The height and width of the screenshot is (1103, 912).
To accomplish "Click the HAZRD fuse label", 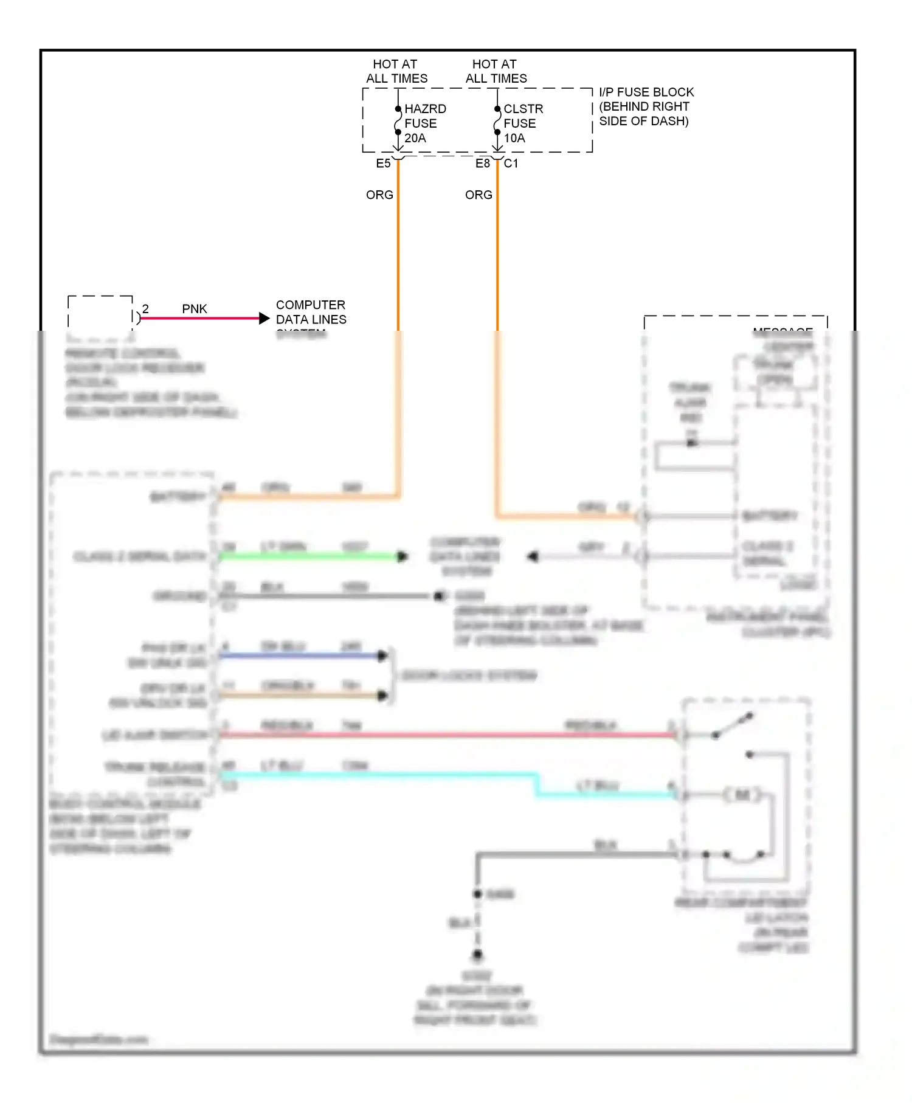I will coord(425,109).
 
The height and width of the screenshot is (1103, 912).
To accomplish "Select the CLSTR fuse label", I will coord(523,109).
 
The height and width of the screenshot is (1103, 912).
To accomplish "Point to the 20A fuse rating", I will coord(415,138).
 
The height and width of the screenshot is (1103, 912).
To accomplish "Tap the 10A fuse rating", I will coord(514,138).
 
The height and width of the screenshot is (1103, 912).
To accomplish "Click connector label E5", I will coord(383,164).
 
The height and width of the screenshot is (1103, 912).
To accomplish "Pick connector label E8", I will coord(482,164).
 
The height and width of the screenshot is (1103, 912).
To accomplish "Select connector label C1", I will coord(511,164).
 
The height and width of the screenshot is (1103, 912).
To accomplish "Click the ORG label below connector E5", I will coord(379,195).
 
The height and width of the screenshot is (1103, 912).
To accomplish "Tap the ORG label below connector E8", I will coord(478,195).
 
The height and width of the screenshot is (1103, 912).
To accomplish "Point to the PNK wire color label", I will coord(195,309).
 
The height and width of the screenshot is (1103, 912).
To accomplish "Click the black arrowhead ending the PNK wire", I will coord(264,318).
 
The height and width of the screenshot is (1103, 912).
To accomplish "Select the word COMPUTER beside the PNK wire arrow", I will coord(310,305).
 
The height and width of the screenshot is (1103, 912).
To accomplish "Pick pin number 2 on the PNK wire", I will coord(145,309).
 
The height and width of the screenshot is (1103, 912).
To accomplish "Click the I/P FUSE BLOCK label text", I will coord(646,92).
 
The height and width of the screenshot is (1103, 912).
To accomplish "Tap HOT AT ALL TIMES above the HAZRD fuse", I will coord(396,71).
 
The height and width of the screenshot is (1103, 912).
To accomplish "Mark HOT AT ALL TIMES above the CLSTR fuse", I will coord(496,71).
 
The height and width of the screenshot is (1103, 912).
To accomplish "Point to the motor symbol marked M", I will coord(742,794).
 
